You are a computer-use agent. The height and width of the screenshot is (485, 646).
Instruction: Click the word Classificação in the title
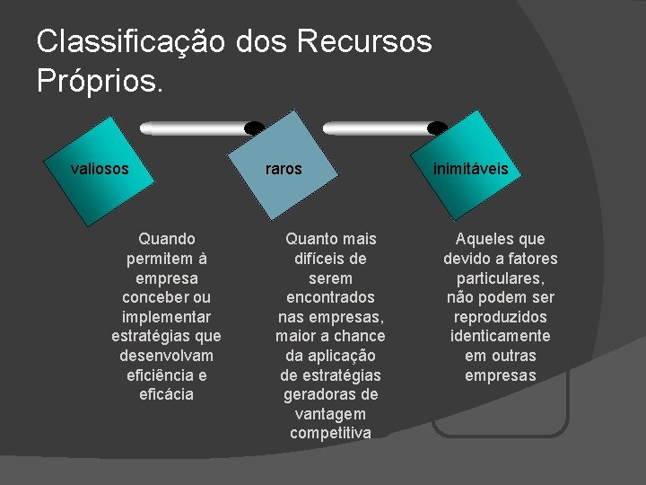tap(131, 41)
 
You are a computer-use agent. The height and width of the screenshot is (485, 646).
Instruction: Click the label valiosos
tap(100, 168)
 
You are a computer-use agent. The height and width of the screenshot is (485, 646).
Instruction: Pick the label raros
tap(284, 168)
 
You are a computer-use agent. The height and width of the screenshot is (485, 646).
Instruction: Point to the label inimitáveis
tap(470, 168)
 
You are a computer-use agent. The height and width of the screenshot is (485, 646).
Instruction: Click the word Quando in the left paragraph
tap(166, 239)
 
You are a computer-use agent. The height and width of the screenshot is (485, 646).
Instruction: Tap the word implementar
tap(166, 317)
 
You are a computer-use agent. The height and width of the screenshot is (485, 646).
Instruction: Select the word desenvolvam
tap(166, 356)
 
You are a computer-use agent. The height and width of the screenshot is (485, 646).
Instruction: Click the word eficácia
tap(166, 394)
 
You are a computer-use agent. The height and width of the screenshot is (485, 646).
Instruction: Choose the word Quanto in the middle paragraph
tap(307, 239)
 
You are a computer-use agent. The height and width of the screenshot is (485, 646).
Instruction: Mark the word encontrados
tap(330, 297)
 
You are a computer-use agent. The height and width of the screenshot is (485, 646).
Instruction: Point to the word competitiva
tap(330, 433)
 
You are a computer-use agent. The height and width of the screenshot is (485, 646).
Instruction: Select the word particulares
tap(500, 278)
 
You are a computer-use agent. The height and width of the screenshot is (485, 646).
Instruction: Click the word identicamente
tap(500, 336)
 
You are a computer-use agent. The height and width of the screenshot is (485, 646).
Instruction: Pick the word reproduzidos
tap(500, 317)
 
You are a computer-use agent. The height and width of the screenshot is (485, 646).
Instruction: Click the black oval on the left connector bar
tap(255, 128)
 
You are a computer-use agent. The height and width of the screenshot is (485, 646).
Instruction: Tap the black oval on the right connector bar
tap(437, 128)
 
